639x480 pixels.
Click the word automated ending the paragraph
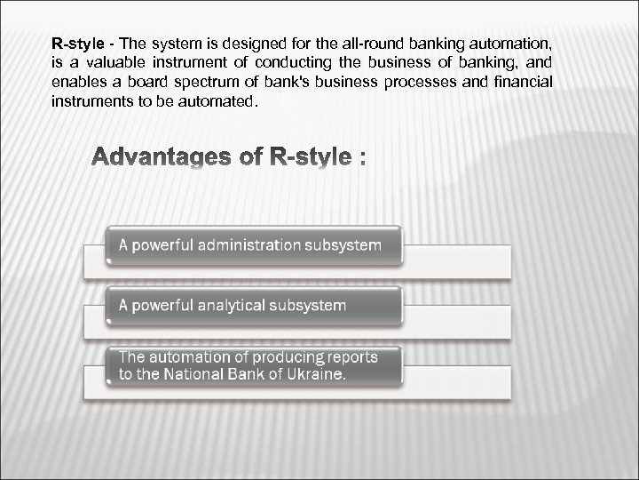(218, 101)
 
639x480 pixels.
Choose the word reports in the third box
(348, 357)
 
